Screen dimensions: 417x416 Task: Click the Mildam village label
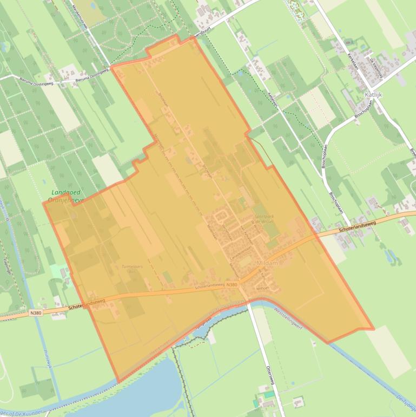point(268,263)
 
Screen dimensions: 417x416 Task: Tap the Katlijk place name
point(374,94)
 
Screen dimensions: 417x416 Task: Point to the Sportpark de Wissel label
point(264,219)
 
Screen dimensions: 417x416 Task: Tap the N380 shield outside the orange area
point(36,312)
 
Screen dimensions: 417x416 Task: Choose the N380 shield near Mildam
point(232,285)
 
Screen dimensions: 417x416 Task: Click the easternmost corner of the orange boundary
point(373,329)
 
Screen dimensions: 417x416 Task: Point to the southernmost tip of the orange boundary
point(117,382)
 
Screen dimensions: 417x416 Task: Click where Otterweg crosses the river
point(250,305)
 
